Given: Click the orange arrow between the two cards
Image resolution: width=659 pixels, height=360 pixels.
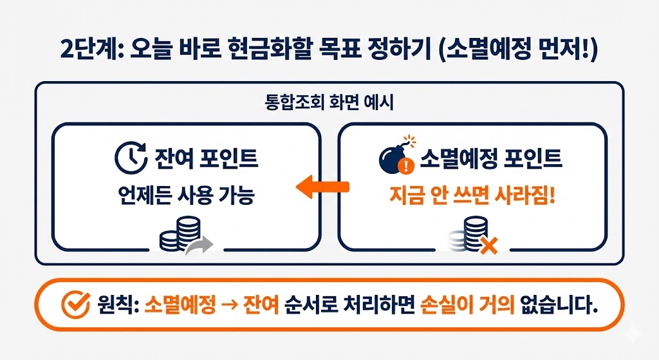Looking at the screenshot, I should [322, 187].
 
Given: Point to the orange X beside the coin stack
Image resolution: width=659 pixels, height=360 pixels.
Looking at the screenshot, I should [490, 245].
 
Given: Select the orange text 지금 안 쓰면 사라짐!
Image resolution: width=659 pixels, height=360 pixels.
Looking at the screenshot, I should [472, 195].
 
